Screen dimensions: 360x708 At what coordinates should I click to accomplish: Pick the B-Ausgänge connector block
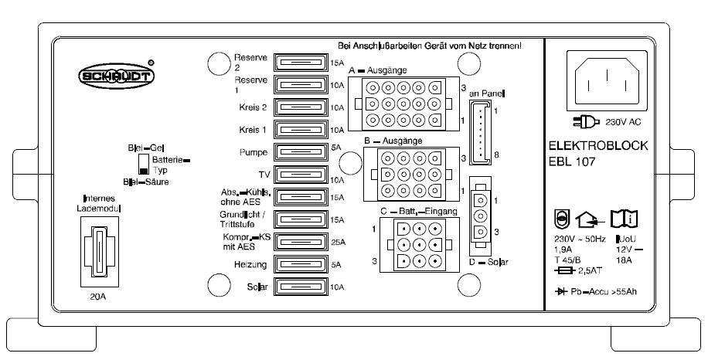click(410, 173)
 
